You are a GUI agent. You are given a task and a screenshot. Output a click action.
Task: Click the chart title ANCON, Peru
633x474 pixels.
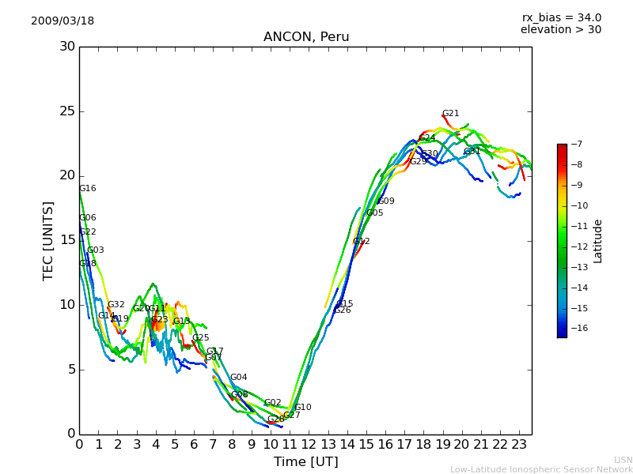click(x=305, y=37)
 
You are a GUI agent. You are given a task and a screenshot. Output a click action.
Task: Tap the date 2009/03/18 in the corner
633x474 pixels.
click(x=63, y=21)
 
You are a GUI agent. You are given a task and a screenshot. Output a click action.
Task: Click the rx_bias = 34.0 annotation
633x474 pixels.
click(x=561, y=18)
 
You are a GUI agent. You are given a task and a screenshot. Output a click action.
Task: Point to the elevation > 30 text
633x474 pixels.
click(x=560, y=30)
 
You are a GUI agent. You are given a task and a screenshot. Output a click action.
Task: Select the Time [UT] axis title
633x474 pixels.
click(x=305, y=462)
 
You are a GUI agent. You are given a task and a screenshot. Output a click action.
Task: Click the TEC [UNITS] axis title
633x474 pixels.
click(x=48, y=240)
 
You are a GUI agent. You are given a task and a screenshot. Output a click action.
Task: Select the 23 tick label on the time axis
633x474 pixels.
click(x=519, y=444)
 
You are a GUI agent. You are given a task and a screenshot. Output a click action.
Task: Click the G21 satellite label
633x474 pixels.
click(x=450, y=114)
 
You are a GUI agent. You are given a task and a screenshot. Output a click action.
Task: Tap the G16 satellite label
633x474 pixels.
click(x=88, y=189)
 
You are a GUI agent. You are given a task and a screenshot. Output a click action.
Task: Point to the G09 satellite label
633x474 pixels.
click(x=386, y=201)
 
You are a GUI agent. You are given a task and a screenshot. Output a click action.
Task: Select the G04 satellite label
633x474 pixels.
click(x=239, y=378)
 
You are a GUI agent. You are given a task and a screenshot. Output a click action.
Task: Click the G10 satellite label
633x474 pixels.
click(x=303, y=408)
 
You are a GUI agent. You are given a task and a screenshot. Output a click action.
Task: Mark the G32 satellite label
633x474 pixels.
click(x=116, y=305)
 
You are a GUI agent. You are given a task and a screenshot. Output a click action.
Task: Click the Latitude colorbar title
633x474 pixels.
click(x=598, y=241)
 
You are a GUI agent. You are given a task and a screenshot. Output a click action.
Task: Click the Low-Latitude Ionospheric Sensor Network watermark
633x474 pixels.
click(x=541, y=470)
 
